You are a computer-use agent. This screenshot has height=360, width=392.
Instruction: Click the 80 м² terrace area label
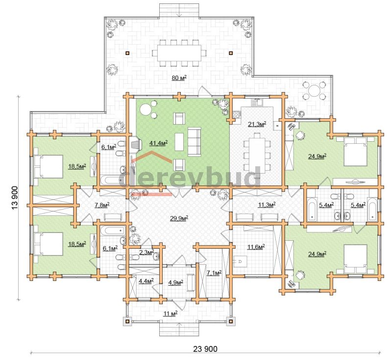(179, 78)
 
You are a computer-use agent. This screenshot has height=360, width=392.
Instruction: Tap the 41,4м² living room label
(158, 143)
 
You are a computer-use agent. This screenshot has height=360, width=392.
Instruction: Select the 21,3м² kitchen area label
(257, 124)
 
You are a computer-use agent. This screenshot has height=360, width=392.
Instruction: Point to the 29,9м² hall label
(179, 218)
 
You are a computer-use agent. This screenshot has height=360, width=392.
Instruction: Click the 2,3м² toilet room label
(147, 252)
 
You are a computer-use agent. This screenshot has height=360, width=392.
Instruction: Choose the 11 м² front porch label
(171, 313)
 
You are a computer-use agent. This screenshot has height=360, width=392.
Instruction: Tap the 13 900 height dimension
(15, 198)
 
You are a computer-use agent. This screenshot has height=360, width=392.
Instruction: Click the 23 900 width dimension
(205, 349)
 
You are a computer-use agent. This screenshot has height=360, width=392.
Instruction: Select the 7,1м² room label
(214, 273)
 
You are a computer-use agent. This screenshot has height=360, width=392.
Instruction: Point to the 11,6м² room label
(256, 247)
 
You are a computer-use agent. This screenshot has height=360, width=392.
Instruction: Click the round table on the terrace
(314, 90)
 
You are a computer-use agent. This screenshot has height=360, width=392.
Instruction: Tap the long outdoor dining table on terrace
(179, 53)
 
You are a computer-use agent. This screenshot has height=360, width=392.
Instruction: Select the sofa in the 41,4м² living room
(194, 142)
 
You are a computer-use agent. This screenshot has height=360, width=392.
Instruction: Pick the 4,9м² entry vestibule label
(175, 282)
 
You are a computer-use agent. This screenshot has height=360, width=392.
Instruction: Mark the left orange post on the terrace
(127, 53)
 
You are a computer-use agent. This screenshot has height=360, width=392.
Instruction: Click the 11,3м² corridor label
(267, 205)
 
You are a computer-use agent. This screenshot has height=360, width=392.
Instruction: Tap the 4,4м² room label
(146, 281)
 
